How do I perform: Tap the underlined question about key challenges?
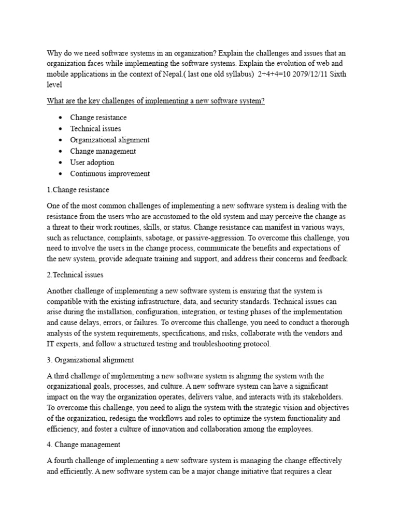[x=155, y=101]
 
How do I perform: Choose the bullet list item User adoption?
[x=92, y=163]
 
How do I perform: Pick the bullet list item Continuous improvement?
[x=110, y=174]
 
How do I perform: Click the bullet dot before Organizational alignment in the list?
[x=61, y=140]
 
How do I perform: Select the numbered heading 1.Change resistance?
[x=78, y=190]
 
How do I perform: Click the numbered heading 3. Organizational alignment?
[x=91, y=360]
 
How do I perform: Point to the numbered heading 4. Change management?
[x=84, y=444]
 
